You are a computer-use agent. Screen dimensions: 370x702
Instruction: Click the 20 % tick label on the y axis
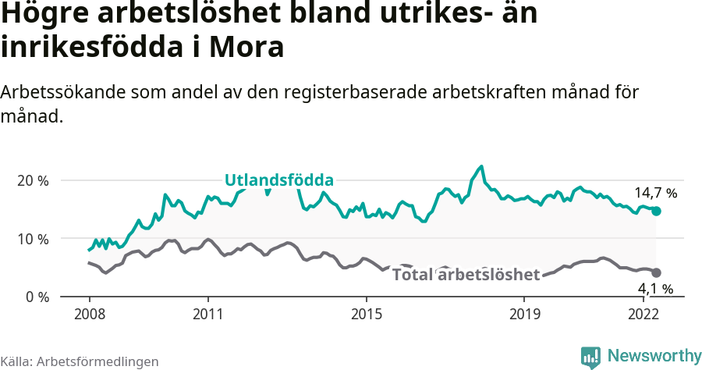tap(32, 180)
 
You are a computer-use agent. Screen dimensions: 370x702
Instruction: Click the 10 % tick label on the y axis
tap(32, 239)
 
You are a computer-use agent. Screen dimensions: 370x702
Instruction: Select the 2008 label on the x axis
tap(89, 315)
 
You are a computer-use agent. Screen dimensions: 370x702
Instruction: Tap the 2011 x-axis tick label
tap(207, 315)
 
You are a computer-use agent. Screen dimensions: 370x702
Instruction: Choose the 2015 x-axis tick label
tap(366, 315)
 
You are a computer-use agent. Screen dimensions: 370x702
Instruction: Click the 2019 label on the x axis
tap(524, 315)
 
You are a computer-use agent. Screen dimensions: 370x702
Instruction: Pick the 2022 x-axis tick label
tap(643, 315)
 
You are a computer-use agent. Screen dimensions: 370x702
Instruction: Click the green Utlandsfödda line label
tap(279, 180)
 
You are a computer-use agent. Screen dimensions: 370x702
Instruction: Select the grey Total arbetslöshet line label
tap(466, 275)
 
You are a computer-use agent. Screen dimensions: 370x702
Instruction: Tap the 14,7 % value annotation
tap(655, 192)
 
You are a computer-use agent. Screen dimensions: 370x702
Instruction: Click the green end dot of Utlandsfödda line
tap(656, 211)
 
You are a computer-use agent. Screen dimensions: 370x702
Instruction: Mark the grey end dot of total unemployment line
tap(656, 272)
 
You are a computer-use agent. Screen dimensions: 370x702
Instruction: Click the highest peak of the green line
tap(481, 166)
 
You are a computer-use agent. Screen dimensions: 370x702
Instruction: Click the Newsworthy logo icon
tap(590, 357)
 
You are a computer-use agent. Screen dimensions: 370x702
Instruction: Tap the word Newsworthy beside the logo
tap(654, 356)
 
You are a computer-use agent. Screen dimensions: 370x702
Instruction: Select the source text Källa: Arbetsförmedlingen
tap(80, 361)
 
